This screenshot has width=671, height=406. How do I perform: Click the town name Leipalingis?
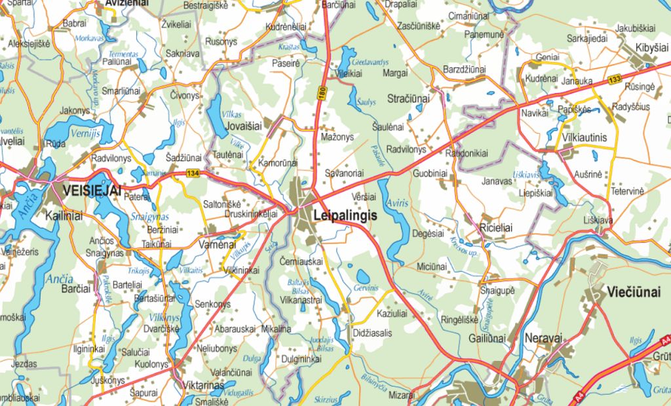(341, 214)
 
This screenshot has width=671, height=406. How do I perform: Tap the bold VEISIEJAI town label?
(92, 190)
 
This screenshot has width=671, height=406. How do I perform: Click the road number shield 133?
(614, 80)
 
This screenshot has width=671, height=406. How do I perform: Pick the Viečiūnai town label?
(633, 291)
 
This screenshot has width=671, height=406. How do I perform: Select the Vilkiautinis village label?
(590, 138)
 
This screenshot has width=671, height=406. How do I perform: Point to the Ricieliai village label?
(505, 227)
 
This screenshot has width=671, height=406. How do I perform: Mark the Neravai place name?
(543, 338)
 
